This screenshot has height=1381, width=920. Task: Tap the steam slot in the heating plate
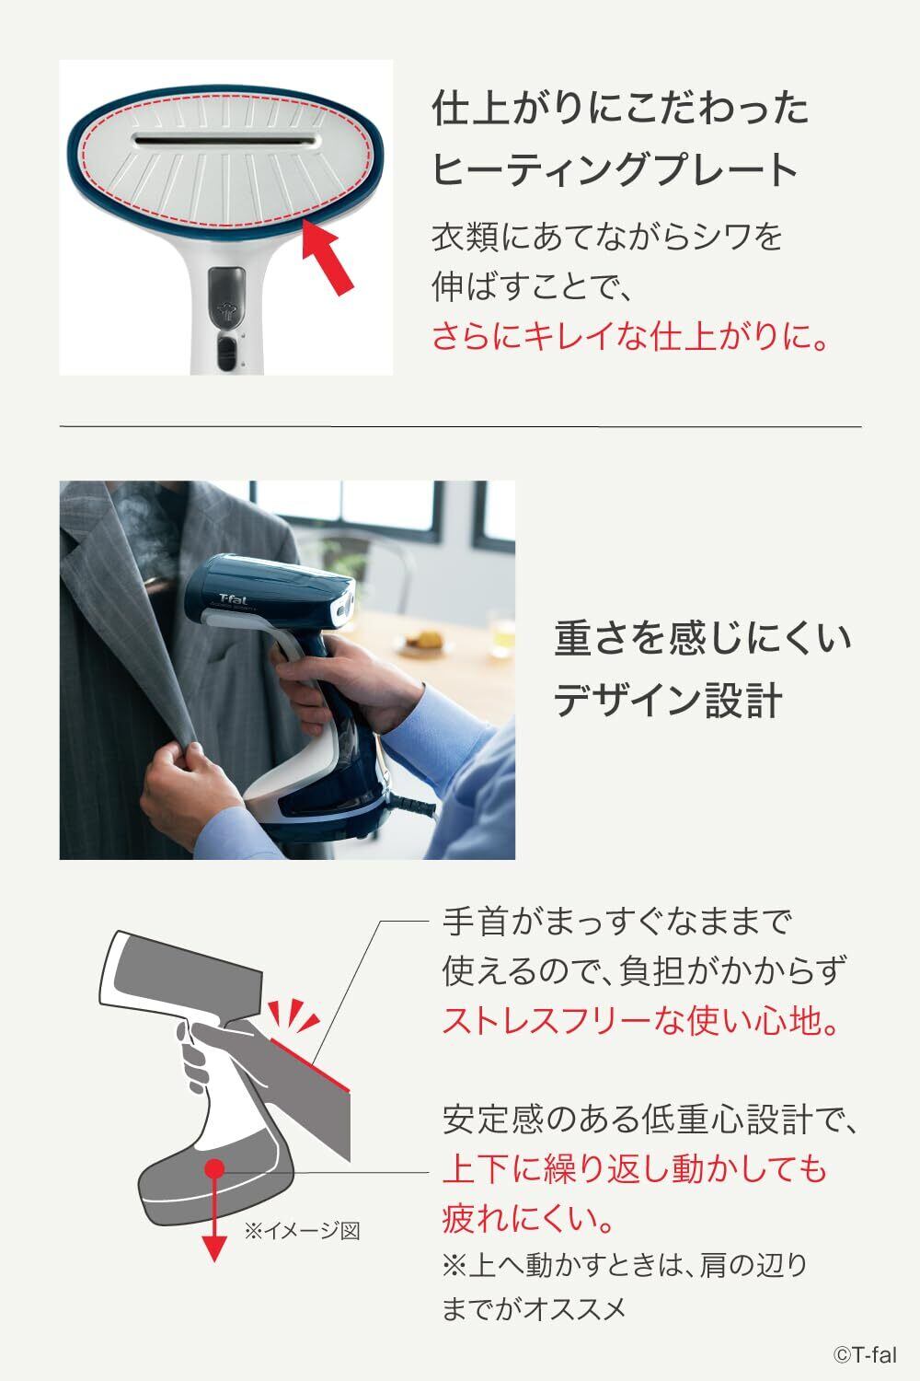point(226,141)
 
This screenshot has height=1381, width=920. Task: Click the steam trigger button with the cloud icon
point(226,296)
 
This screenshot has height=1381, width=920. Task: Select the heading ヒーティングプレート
point(615,168)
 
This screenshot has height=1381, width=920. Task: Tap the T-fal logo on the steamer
point(233,598)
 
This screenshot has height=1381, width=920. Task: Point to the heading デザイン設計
point(668,700)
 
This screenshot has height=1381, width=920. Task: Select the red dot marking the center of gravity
point(213,1167)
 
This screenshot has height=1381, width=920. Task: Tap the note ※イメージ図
point(302,1231)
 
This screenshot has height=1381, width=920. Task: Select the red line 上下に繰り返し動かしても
point(634,1168)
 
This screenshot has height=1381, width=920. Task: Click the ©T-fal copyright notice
point(865,1355)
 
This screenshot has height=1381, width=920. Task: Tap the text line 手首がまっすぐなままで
point(616,923)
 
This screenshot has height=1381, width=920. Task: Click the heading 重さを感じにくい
point(703,638)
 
